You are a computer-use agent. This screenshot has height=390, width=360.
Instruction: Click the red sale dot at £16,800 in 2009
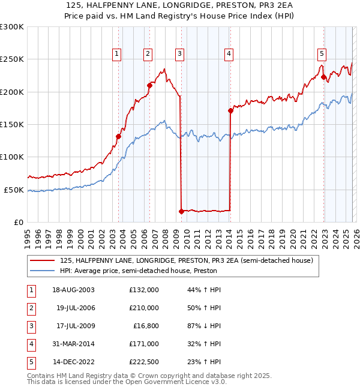[181, 211]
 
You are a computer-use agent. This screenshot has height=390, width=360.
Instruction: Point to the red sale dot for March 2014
[230, 110]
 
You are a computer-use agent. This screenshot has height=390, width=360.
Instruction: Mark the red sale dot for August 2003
[118, 136]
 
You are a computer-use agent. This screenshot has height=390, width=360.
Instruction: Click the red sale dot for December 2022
[323, 77]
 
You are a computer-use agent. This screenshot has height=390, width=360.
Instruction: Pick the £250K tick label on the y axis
[11, 59]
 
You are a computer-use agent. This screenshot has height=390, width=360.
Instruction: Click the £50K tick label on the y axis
[13, 190]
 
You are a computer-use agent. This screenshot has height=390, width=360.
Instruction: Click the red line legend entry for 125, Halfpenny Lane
[186, 261]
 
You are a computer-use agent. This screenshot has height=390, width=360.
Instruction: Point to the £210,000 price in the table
[144, 308]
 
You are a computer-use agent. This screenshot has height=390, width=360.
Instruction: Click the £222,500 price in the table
[144, 362]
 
